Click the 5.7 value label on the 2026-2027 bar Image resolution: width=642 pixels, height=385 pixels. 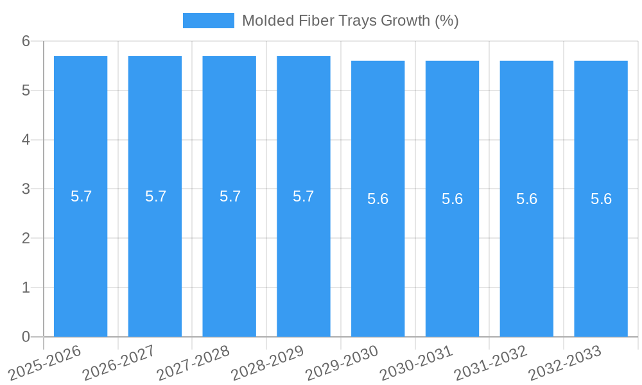(x=155, y=196)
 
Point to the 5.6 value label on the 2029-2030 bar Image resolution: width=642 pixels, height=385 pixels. (x=377, y=199)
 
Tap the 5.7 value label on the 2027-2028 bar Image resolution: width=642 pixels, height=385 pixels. (x=230, y=196)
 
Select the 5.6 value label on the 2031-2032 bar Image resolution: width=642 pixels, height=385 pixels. (x=526, y=199)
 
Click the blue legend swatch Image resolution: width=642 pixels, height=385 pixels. (x=209, y=21)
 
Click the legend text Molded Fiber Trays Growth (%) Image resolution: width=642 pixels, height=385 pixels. (x=350, y=21)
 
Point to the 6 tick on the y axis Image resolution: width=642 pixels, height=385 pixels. (x=26, y=41)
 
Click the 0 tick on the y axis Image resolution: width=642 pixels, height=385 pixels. (x=26, y=337)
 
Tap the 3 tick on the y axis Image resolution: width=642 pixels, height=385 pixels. (x=26, y=189)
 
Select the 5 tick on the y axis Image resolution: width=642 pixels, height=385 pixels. (x=26, y=90)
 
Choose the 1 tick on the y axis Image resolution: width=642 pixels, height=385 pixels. (x=26, y=287)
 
